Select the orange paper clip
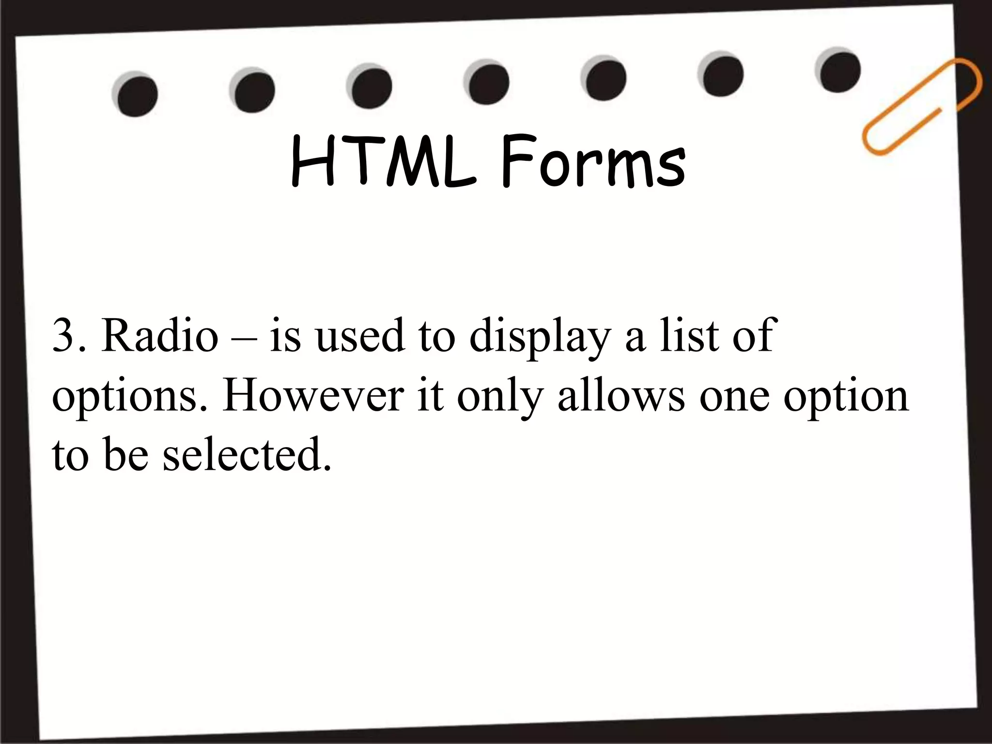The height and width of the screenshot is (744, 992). click(x=920, y=106)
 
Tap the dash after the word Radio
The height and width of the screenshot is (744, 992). click(x=243, y=338)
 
